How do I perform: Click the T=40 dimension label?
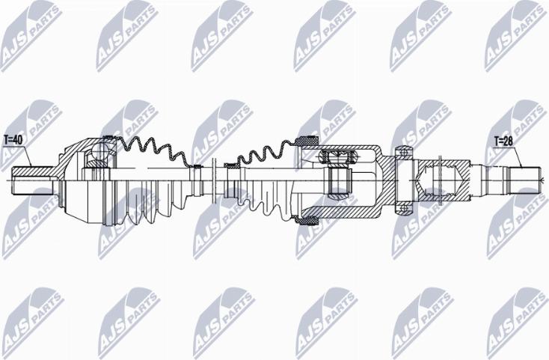pyautogui.click(x=14, y=139)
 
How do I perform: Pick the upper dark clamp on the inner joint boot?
pyautogui.click(x=307, y=140)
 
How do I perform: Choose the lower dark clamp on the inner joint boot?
pyautogui.click(x=307, y=219)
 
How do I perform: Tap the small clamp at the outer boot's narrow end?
pyautogui.click(x=196, y=166)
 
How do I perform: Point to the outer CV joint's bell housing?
pyautogui.click(x=75, y=180)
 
